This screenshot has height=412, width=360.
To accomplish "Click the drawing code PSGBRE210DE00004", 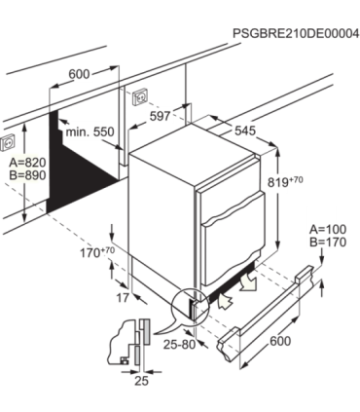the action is tap(296, 33).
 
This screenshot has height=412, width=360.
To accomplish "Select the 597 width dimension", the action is tap(161, 116).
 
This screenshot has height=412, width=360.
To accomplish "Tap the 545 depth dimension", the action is tap(245, 131).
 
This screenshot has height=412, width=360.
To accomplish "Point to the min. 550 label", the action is tap(90, 131).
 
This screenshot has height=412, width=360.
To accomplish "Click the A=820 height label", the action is tap(27, 162).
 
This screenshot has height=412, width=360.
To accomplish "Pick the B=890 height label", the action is tap(27, 175).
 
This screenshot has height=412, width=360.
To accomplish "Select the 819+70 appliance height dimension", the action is tap(285, 182).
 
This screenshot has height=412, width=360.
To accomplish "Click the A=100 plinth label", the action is tap(328, 229).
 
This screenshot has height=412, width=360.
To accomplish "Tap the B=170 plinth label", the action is tap(328, 243).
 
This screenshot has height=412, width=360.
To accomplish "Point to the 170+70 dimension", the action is tap(97, 252).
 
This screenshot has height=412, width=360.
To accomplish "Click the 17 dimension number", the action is tap(123, 298).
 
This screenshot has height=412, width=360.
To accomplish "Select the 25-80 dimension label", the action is tap(179, 345).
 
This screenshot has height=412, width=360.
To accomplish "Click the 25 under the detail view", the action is tap(141, 381).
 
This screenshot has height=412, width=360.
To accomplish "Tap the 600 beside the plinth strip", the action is tap(280, 341).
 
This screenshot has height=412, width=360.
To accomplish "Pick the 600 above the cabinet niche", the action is tap(79, 74).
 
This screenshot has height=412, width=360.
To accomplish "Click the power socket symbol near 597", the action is tap(140, 96).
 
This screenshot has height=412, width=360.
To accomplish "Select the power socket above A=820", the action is tap(8, 142).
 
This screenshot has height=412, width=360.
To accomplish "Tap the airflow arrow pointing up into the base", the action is tap(225, 300).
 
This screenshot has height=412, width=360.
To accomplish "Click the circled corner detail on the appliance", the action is tap(190, 304).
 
